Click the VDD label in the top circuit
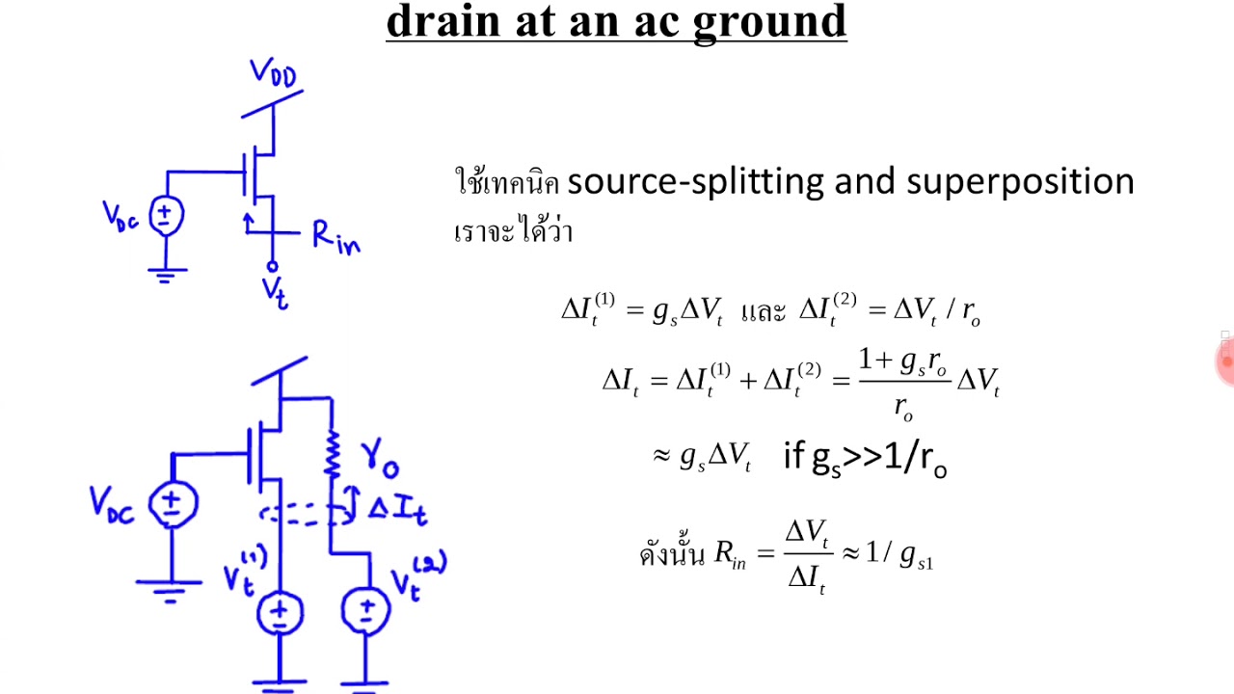point(273,73)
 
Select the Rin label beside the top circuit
point(335,237)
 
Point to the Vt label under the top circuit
point(275,292)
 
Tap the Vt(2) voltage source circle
point(366,609)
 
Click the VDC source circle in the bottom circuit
point(173,502)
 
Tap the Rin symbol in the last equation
point(731,556)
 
